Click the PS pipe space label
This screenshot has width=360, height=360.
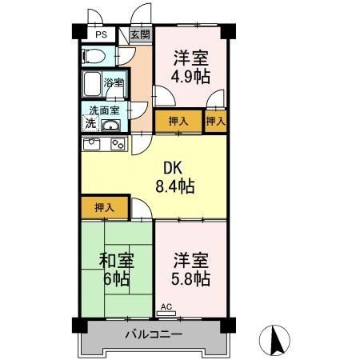pyautogui.click(x=101, y=34)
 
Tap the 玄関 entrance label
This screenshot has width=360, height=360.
pyautogui.click(x=140, y=34)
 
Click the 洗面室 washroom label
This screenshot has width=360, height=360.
pyautogui.click(x=103, y=111)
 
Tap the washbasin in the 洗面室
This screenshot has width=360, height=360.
pyautogui.click(x=110, y=125)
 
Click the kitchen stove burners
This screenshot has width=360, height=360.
pyautogui.click(x=118, y=145)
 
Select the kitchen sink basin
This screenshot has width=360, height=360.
pyautogui.click(x=91, y=145)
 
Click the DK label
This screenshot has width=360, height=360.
pyautogui.click(x=174, y=169)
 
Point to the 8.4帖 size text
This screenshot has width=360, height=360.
pyautogui.click(x=174, y=187)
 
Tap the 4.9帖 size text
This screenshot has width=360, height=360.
pyautogui.click(x=190, y=78)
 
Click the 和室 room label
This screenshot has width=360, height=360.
pyautogui.click(x=116, y=262)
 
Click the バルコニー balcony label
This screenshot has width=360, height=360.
pyautogui.click(x=153, y=334)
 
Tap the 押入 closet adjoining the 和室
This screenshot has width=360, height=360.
pyautogui.click(x=104, y=207)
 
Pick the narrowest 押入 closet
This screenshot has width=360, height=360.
pyautogui.click(x=214, y=121)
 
